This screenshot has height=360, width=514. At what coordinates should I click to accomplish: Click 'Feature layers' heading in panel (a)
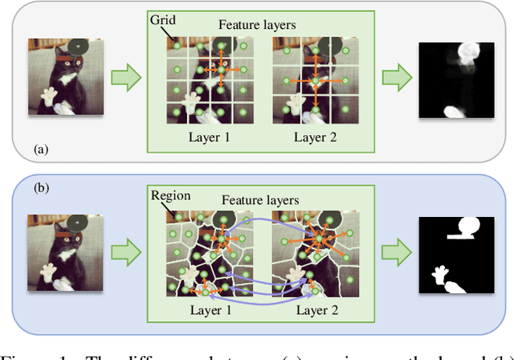[257, 25]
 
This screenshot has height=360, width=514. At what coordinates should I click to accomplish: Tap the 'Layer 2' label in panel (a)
[315, 137]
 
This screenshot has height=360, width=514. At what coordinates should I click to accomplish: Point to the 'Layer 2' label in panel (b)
[315, 309]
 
